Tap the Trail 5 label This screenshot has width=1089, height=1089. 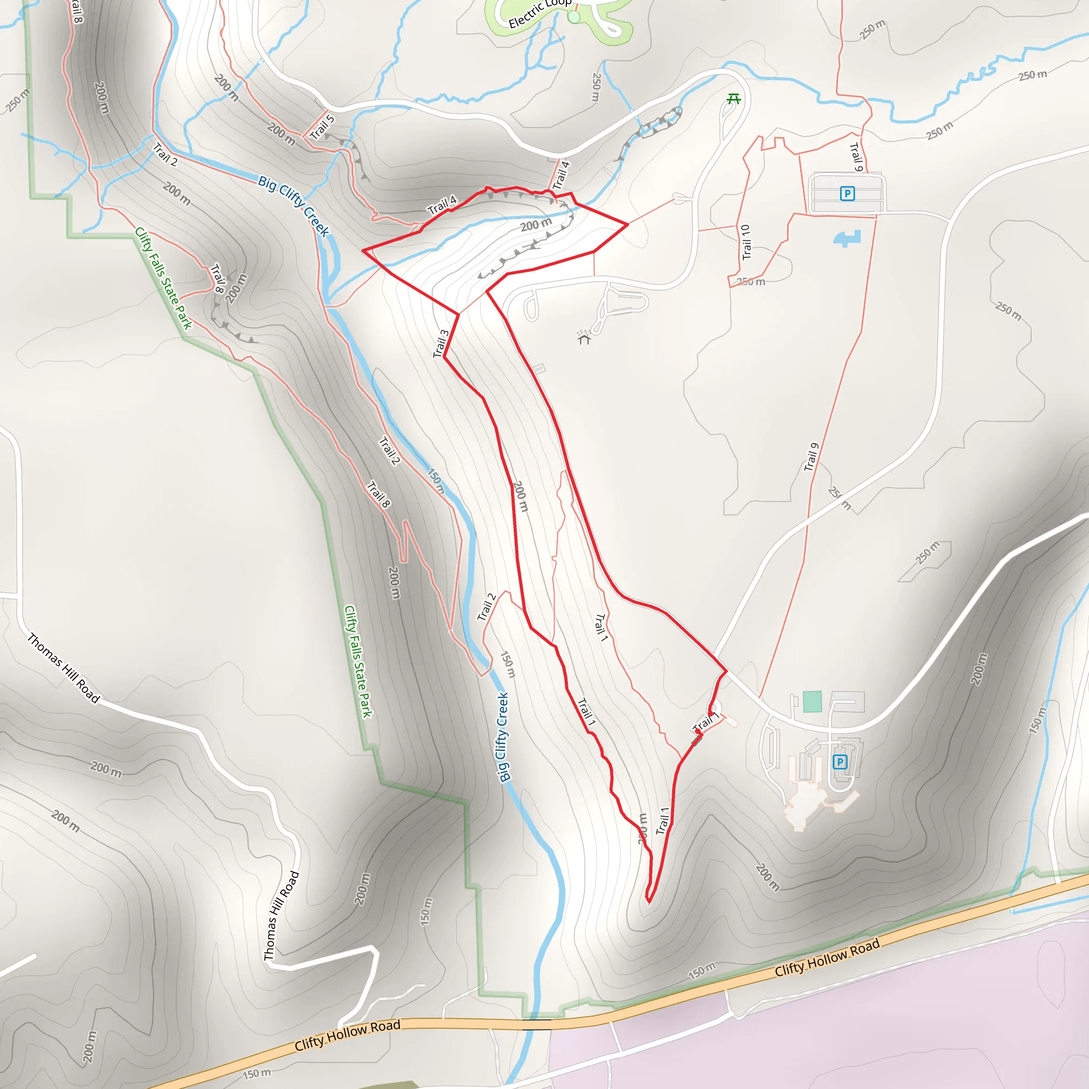click(322, 127)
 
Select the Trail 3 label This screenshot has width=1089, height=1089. click(441, 344)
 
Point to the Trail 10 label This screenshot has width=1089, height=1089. click(746, 242)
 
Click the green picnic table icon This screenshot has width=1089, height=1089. click(733, 99)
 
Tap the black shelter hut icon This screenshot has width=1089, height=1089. click(584, 338)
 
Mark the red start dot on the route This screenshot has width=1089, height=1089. click(698, 732)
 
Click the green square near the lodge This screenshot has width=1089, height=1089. click(812, 702)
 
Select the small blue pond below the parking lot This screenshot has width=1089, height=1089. click(847, 238)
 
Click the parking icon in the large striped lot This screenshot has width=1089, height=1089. click(847, 194)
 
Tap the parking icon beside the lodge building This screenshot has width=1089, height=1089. click(840, 762)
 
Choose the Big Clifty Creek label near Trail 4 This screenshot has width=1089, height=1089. click(294, 206)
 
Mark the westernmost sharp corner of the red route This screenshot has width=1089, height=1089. click(363, 250)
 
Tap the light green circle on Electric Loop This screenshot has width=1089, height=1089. click(574, 18)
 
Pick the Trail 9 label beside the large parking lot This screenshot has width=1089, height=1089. click(856, 157)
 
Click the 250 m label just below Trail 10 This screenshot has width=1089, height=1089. click(751, 281)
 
